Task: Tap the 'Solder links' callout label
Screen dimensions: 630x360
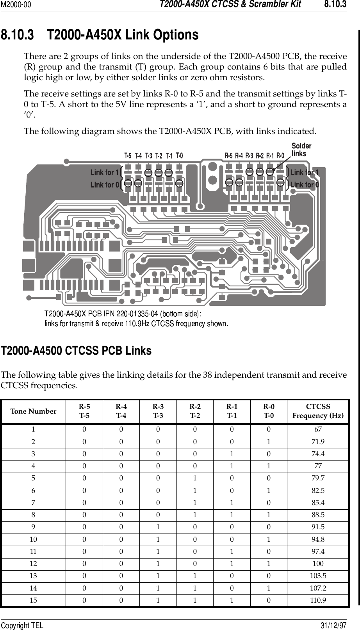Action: click(301, 150)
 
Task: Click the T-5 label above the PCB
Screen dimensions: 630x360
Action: click(128, 155)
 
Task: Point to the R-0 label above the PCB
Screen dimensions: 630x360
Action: click(280, 155)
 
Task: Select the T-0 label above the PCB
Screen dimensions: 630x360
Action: click(179, 155)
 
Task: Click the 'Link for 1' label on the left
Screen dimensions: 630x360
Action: click(104, 172)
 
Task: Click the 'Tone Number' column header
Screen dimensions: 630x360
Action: click(33, 411)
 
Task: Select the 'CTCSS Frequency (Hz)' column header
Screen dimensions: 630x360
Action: click(318, 411)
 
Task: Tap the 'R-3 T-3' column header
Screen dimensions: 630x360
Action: click(158, 411)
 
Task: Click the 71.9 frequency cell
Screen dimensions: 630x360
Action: click(318, 442)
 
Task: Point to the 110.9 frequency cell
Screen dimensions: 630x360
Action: click(318, 600)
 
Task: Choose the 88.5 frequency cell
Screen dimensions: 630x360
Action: click(318, 515)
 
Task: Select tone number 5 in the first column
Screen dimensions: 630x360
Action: click(33, 478)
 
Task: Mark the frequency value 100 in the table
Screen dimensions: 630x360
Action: click(318, 564)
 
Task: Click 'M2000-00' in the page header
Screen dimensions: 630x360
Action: click(16, 5)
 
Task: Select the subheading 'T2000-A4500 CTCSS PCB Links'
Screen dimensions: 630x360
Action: click(76, 351)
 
